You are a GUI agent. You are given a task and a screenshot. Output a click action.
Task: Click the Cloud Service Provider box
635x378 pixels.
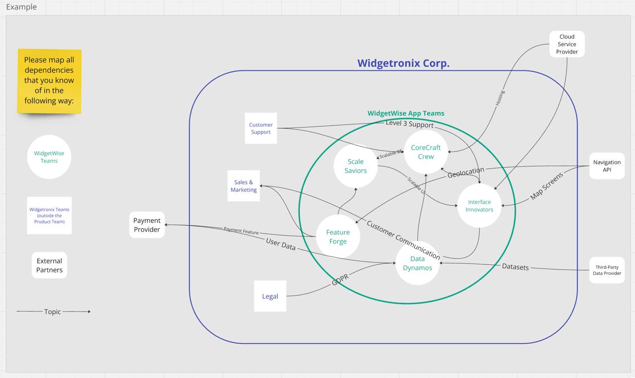click(x=567, y=44)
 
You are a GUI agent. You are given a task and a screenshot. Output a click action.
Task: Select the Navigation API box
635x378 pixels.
click(x=607, y=166)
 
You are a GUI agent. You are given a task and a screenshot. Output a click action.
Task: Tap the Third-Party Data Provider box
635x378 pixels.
click(x=607, y=270)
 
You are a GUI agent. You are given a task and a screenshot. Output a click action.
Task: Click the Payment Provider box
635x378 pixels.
click(x=147, y=225)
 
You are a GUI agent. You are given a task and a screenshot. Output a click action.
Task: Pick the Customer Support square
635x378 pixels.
click(x=261, y=128)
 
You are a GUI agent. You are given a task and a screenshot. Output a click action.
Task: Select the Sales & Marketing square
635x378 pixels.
click(x=244, y=186)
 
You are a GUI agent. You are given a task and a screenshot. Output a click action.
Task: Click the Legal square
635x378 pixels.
click(x=270, y=296)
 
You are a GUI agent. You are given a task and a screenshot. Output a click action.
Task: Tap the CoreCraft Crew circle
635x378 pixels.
click(x=426, y=152)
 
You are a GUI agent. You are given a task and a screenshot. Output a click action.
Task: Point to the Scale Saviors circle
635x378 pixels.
click(x=356, y=166)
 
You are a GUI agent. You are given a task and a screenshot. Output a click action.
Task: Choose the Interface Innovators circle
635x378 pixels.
click(x=479, y=206)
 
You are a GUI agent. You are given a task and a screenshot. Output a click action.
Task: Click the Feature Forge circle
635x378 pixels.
click(x=338, y=237)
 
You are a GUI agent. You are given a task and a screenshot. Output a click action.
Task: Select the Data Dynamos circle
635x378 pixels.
click(x=418, y=263)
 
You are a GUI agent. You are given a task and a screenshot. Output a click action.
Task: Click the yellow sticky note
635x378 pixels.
click(x=49, y=81)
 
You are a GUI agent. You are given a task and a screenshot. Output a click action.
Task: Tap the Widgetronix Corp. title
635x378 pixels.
click(x=403, y=63)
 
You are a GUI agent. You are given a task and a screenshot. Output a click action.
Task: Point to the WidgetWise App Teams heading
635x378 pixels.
click(x=406, y=113)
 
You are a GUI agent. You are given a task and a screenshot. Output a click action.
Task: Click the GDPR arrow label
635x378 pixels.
click(x=340, y=279)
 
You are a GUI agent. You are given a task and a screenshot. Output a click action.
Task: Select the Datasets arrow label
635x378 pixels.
click(x=515, y=267)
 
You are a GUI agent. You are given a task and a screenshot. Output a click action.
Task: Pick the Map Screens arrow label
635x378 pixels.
click(x=547, y=186)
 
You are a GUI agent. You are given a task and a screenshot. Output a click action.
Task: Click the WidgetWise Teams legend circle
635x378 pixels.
click(x=49, y=157)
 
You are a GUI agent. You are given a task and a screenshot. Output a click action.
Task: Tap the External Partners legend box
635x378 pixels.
click(x=49, y=265)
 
